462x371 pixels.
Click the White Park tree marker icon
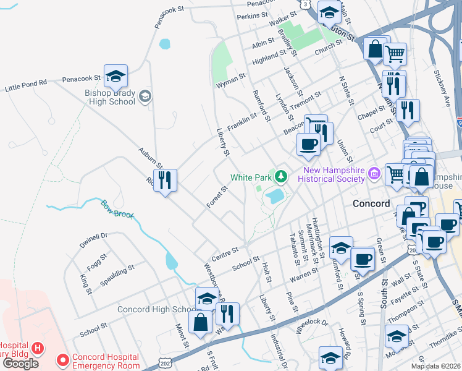[x=282, y=177]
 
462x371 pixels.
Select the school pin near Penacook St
[x=115, y=77]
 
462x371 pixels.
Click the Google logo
[x=20, y=364]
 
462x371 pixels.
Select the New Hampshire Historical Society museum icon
[x=374, y=174]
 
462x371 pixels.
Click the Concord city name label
[x=371, y=203]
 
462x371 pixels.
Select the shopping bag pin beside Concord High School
[x=201, y=322]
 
